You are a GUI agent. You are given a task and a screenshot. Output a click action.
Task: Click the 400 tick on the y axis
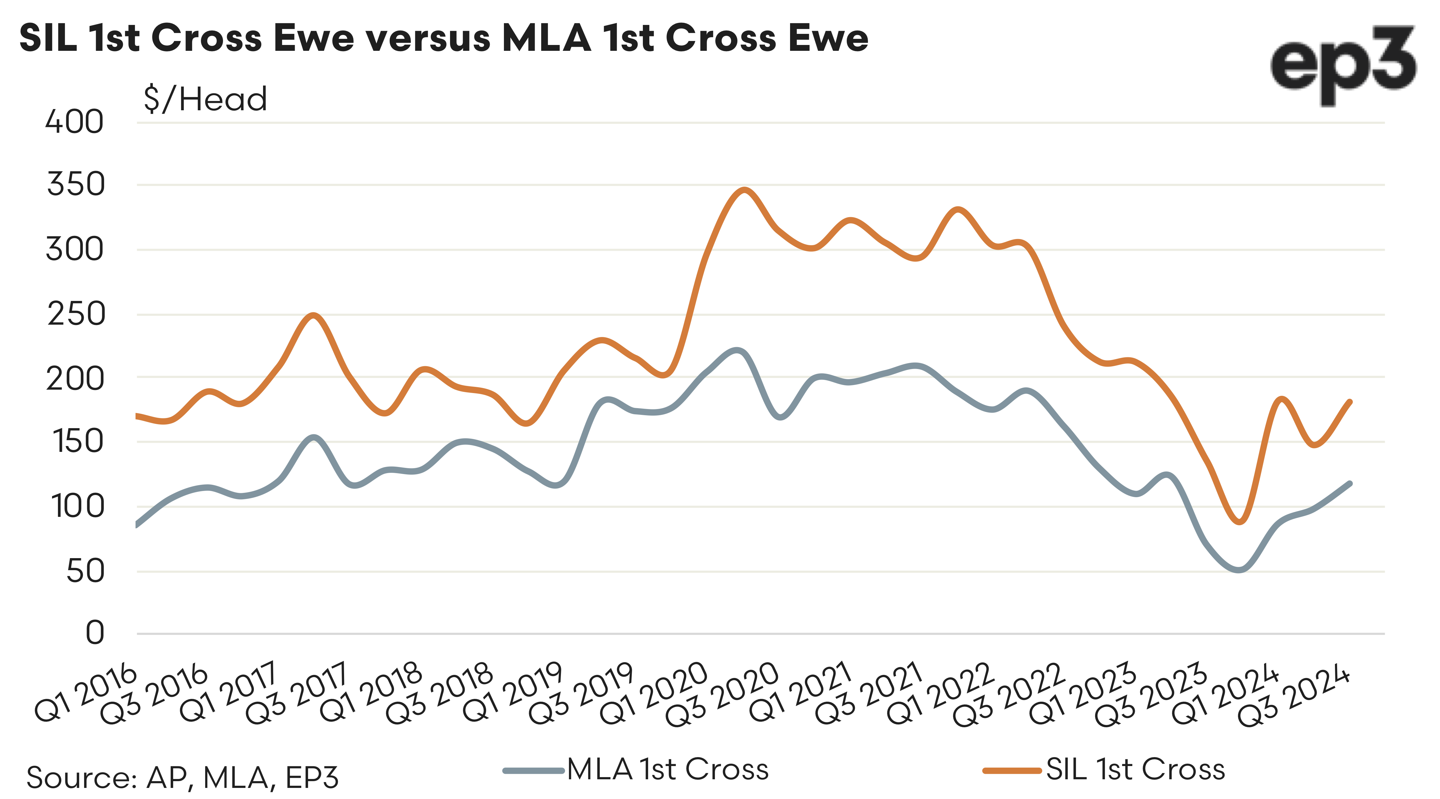click(x=74, y=122)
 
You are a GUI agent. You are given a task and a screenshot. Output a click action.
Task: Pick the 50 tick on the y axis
click(x=85, y=571)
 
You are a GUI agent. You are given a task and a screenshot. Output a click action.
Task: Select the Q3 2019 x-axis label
click(x=581, y=693)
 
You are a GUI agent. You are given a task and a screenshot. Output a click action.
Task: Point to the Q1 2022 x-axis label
click(x=940, y=693)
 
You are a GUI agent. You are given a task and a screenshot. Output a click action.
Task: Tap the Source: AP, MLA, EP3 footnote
click(x=182, y=777)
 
